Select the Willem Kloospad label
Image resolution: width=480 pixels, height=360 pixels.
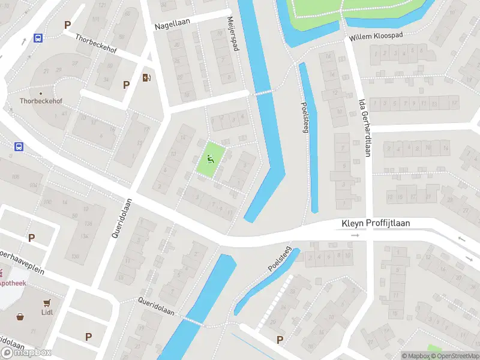(x=376, y=37)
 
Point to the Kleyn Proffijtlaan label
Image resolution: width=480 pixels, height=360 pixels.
(x=376, y=223)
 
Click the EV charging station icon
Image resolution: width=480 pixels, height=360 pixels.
(x=146, y=77)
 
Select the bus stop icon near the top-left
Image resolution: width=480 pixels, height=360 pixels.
(x=38, y=38)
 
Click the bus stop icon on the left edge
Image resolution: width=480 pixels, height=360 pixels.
(x=19, y=146)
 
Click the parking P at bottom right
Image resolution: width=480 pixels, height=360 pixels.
(x=280, y=340)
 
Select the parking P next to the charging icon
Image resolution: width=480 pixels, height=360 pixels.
(x=126, y=85)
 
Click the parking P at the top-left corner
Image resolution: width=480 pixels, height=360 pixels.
(x=68, y=25)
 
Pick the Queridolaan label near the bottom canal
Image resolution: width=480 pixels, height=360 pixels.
(x=155, y=306)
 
